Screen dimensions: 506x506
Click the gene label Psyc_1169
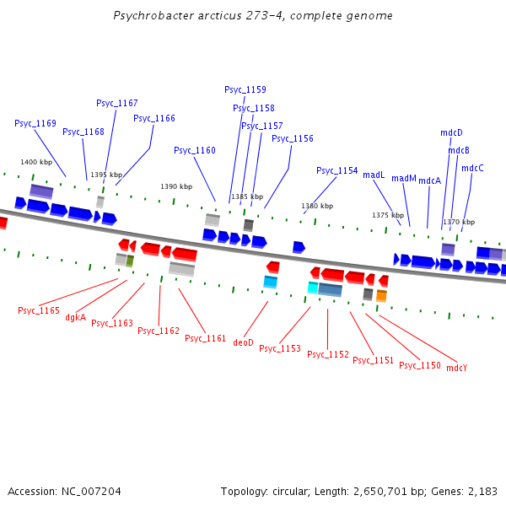(35, 123)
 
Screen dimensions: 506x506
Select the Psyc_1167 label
(117, 103)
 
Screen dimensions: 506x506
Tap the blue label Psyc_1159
(245, 89)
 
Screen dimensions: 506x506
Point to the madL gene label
(374, 175)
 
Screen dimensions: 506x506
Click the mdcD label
(451, 132)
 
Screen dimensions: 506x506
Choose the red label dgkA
(76, 318)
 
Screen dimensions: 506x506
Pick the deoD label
(243, 342)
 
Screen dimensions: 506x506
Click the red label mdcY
(457, 368)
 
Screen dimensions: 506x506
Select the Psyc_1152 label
(328, 354)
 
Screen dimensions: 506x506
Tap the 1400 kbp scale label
(36, 162)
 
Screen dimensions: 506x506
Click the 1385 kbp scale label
(247, 196)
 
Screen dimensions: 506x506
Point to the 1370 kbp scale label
(459, 222)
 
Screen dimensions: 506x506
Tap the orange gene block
(381, 296)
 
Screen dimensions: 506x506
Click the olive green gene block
(130, 261)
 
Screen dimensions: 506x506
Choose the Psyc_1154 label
(337, 170)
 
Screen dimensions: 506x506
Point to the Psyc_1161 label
(206, 338)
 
